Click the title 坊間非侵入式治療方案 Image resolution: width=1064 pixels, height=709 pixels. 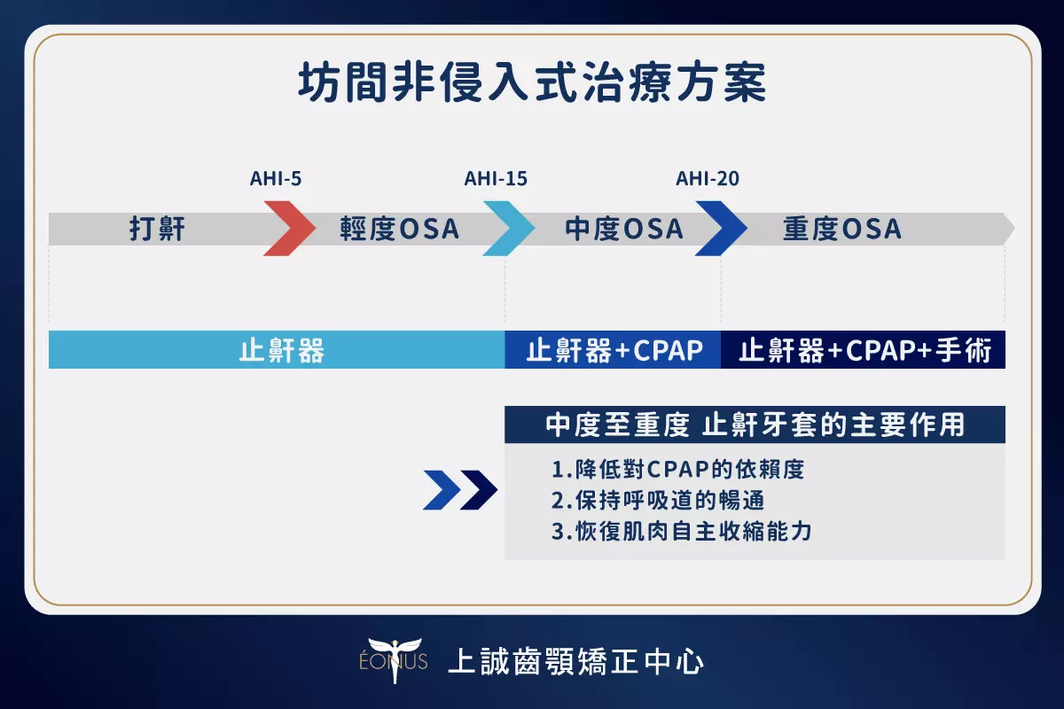click(x=532, y=82)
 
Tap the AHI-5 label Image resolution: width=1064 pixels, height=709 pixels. click(x=276, y=178)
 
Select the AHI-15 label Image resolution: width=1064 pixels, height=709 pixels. click(x=496, y=178)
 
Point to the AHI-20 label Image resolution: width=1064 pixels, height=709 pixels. click(x=708, y=178)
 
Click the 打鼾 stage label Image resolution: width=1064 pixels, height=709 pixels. click(x=157, y=229)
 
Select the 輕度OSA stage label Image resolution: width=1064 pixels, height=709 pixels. click(x=400, y=229)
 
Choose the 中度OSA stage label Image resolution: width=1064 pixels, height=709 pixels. click(x=624, y=229)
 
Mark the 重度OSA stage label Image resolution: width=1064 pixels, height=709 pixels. click(x=841, y=229)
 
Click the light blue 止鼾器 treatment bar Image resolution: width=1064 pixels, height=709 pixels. click(x=277, y=349)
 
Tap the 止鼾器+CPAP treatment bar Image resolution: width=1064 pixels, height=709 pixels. click(x=613, y=349)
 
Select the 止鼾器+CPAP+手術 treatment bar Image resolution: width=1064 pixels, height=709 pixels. click(x=863, y=349)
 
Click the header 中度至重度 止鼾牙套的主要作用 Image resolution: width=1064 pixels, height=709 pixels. click(x=755, y=425)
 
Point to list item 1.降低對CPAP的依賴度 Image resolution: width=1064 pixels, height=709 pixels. click(x=677, y=469)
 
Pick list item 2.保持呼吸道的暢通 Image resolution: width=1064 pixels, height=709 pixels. click(x=658, y=500)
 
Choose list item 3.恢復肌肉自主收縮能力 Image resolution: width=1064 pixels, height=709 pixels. click(x=682, y=531)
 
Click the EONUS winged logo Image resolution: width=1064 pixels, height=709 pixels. click(x=394, y=660)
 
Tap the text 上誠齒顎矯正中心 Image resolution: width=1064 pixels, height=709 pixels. click(x=575, y=661)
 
